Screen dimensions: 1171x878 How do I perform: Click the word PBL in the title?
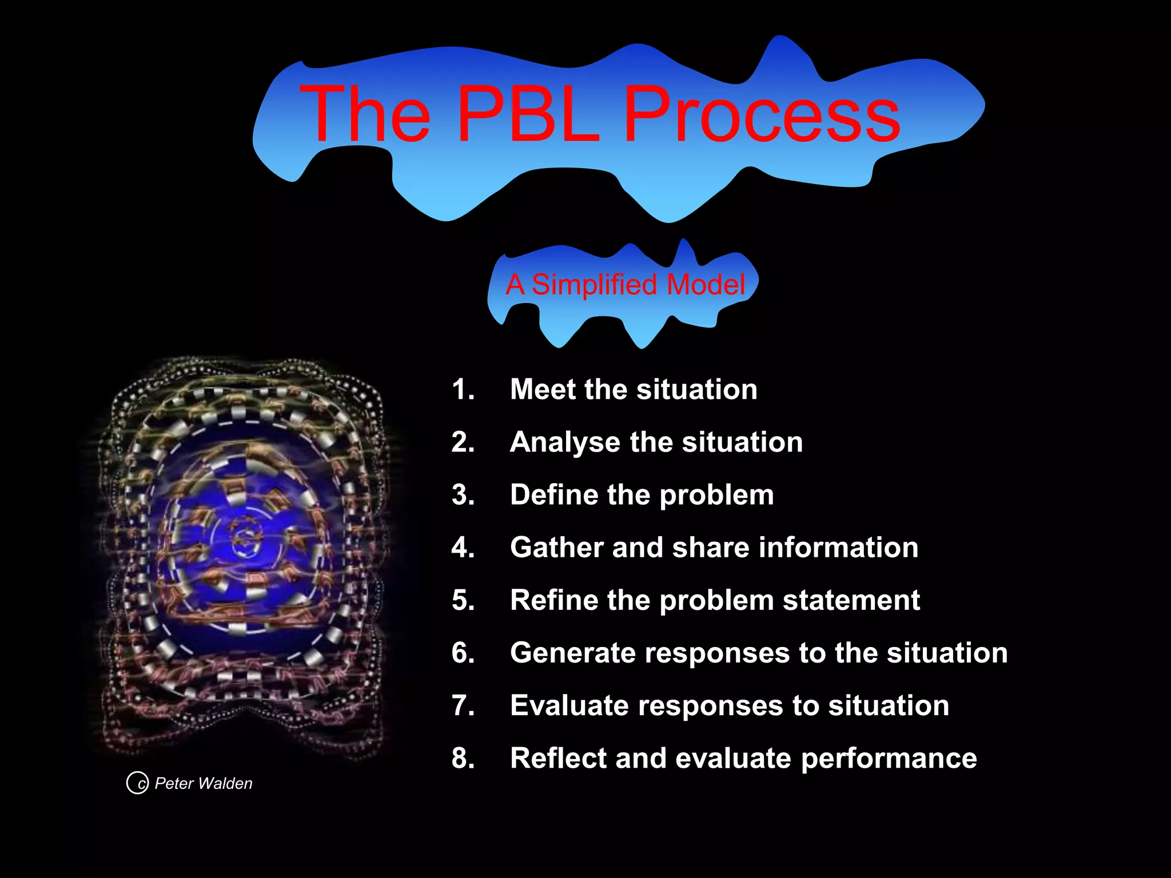pyautogui.click(x=529, y=114)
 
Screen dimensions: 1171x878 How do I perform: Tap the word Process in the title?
pyautogui.click(x=761, y=114)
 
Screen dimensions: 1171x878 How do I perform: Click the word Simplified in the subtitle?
pyautogui.click(x=595, y=285)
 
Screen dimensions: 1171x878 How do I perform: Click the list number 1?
pyautogui.click(x=463, y=390)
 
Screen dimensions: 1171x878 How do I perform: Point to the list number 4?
pyautogui.click(x=463, y=548)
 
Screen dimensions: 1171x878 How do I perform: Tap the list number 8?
pyautogui.click(x=463, y=759)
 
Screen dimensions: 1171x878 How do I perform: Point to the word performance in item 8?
pyautogui.click(x=889, y=759)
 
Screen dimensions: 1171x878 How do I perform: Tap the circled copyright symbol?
pyautogui.click(x=137, y=783)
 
